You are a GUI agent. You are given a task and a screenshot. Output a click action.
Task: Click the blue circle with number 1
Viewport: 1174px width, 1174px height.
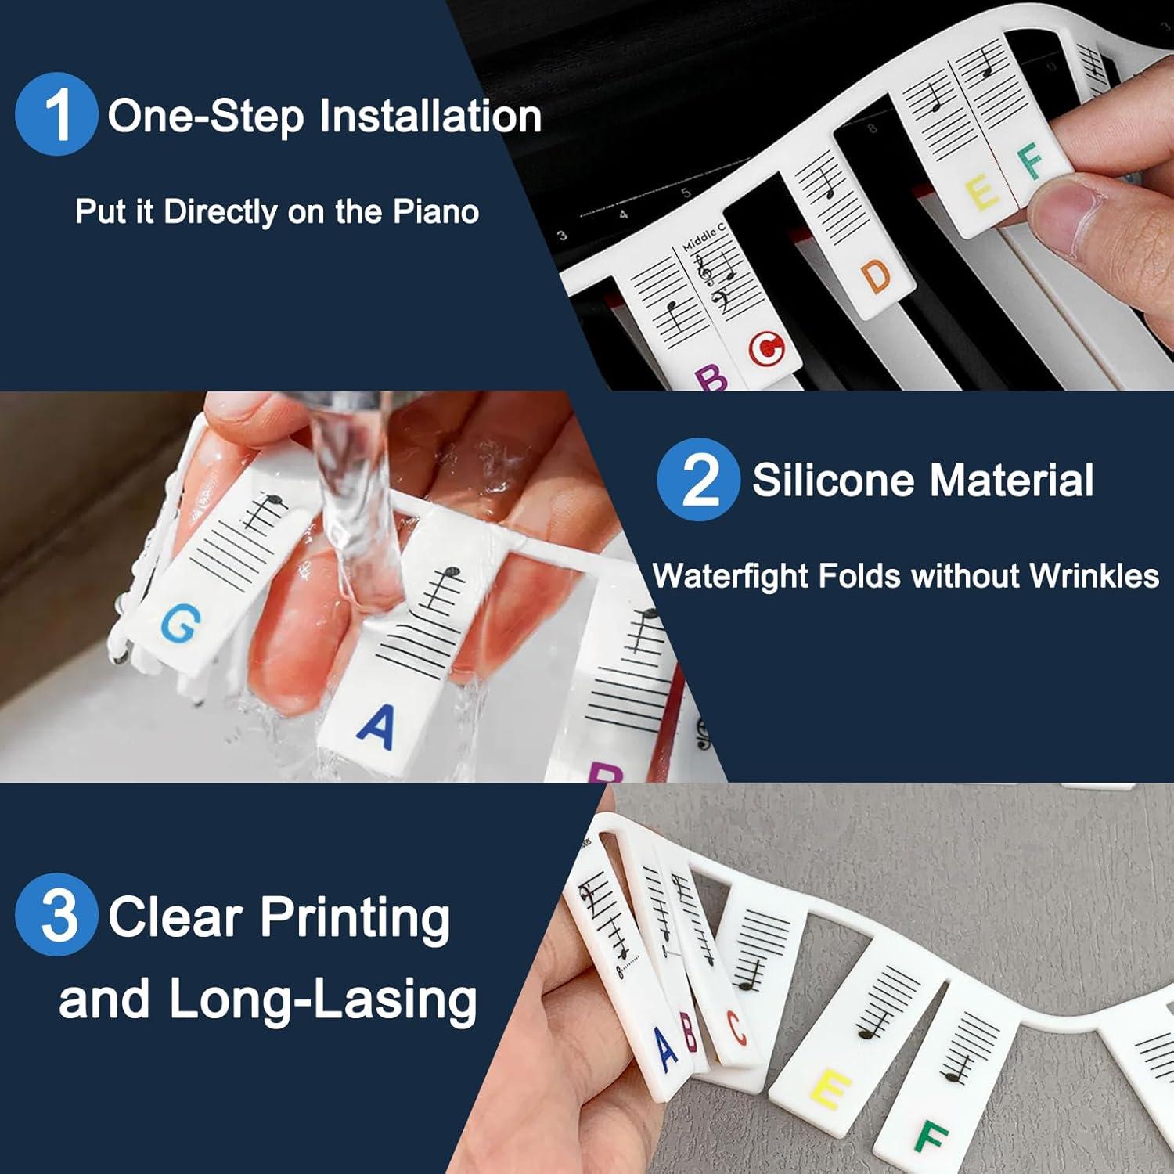point(56,114)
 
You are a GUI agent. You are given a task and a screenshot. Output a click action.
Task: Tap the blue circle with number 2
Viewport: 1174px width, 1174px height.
point(698,479)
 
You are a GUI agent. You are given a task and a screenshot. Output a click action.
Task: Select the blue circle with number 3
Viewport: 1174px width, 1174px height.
point(56,914)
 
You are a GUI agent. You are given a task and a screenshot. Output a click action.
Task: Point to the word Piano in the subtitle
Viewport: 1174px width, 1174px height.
point(436,211)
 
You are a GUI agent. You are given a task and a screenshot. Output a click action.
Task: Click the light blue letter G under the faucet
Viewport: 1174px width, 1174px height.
point(181,624)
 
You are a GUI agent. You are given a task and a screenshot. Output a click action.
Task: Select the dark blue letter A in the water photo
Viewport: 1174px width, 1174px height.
point(376,726)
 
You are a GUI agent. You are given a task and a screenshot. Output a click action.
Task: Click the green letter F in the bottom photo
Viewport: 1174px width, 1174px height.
point(931,1136)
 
